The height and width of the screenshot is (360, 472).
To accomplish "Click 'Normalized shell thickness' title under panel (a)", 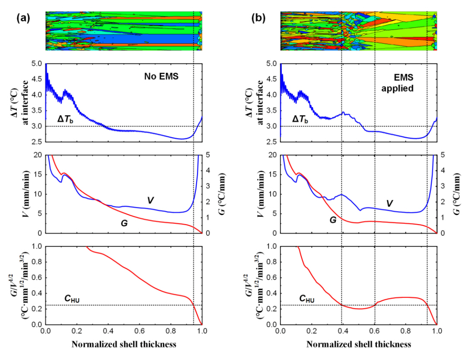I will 124,345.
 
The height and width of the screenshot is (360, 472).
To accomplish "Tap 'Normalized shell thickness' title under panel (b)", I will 359,345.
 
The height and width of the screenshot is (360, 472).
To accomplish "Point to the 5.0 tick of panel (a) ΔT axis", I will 36,64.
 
